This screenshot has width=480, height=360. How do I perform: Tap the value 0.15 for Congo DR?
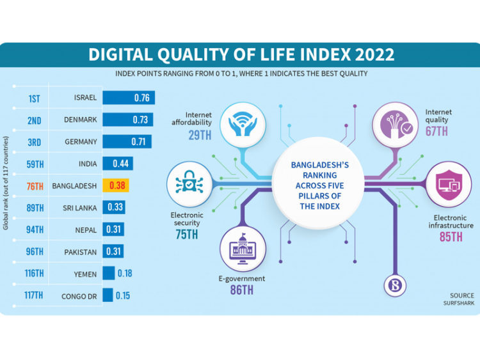(x=124, y=295)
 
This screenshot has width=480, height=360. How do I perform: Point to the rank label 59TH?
(x=36, y=164)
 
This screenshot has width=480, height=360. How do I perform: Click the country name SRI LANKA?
(x=81, y=208)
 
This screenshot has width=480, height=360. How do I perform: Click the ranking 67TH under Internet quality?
(x=437, y=131)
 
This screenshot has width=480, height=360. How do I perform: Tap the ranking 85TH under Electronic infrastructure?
(x=451, y=237)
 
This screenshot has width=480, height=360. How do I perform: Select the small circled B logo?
(x=396, y=285)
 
